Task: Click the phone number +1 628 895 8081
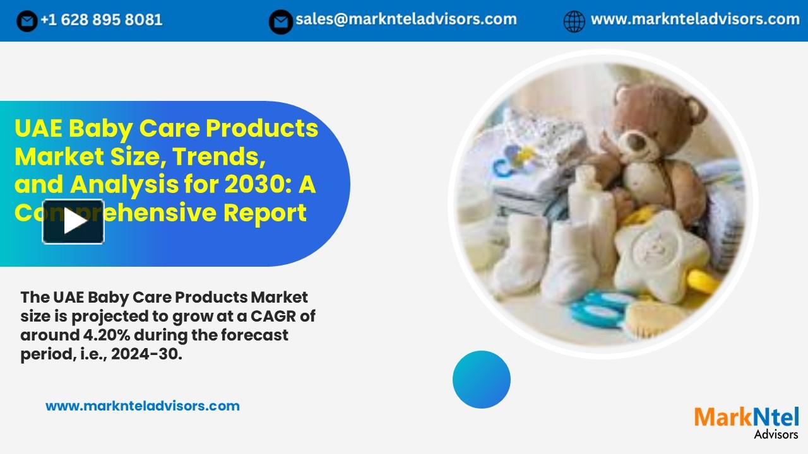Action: [101, 20]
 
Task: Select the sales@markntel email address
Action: [406, 20]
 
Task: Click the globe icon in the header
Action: [574, 21]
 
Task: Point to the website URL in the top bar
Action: [695, 20]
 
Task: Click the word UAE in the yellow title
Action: [38, 129]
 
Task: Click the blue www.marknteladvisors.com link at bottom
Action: [143, 406]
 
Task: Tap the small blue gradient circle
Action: [482, 380]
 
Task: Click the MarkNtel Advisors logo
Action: [747, 421]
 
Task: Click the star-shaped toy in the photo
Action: [660, 252]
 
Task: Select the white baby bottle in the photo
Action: [590, 208]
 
